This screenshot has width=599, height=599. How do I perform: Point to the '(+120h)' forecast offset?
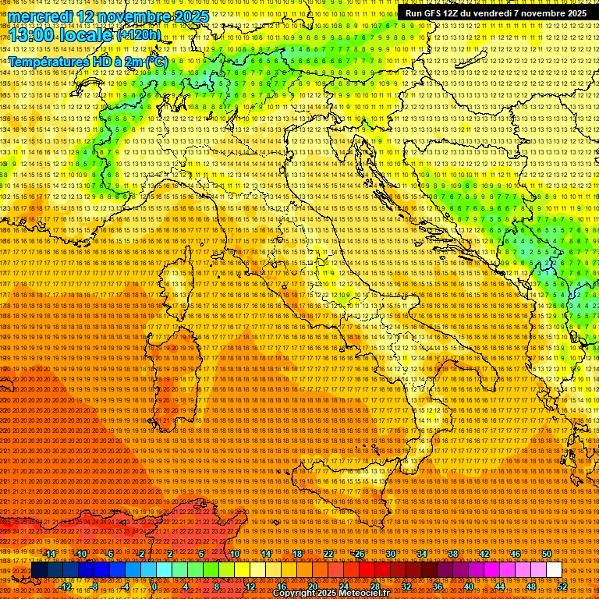(138, 34)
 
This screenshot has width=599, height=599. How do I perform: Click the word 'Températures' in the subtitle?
(48, 62)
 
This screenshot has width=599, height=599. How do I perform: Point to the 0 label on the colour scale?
(155, 587)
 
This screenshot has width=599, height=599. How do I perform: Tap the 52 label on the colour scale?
(562, 587)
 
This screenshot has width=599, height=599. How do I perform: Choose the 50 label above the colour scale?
(547, 554)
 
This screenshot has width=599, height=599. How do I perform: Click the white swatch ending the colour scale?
(554, 570)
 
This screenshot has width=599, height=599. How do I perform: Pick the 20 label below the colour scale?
(312, 587)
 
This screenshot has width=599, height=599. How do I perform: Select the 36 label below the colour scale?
(438, 587)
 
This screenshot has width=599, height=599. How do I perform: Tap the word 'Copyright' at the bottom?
(294, 594)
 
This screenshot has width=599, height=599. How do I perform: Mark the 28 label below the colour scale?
(374, 587)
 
